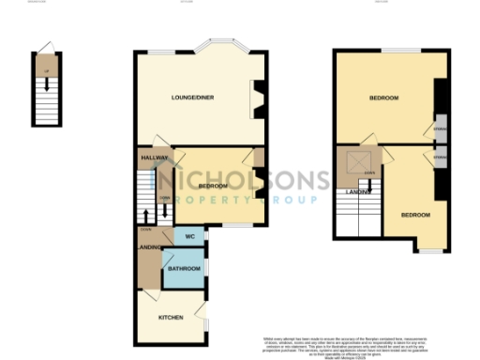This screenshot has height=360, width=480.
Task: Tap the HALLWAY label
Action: coord(154,158)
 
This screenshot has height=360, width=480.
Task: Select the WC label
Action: coord(189,236)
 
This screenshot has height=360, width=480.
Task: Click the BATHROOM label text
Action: coord(184,269)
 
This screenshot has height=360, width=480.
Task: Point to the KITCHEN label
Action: coord(170,318)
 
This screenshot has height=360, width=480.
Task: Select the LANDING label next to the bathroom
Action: coord(149,247)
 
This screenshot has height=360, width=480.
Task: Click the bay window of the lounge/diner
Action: coord(217,47)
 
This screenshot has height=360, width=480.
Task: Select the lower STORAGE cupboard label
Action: coord(440,158)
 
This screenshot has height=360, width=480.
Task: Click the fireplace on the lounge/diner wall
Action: coord(257,98)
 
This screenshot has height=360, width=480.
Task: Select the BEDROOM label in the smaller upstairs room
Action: coord(415,215)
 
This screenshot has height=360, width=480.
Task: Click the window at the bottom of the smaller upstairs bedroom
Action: coord(430,251)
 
